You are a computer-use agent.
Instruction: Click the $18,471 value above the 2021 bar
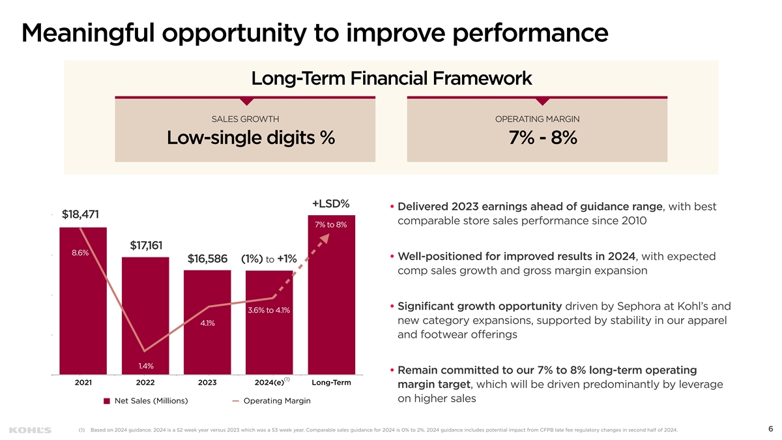click(80, 214)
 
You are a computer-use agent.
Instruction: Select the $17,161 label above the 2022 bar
click(146, 245)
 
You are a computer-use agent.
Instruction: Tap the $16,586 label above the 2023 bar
click(207, 259)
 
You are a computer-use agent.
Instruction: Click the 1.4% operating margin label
click(145, 365)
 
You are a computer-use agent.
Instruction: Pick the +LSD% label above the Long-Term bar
click(331, 203)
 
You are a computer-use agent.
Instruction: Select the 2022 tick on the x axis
click(145, 383)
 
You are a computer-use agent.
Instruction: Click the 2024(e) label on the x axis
click(269, 383)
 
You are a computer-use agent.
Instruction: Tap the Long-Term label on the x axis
click(331, 382)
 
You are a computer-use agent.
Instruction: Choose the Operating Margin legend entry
click(276, 401)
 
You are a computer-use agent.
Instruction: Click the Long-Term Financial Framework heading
click(391, 79)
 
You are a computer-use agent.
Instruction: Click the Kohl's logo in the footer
click(30, 430)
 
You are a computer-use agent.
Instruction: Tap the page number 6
click(770, 429)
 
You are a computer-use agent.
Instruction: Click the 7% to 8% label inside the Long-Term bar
click(331, 225)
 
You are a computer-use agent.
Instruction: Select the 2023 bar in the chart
click(207, 323)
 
